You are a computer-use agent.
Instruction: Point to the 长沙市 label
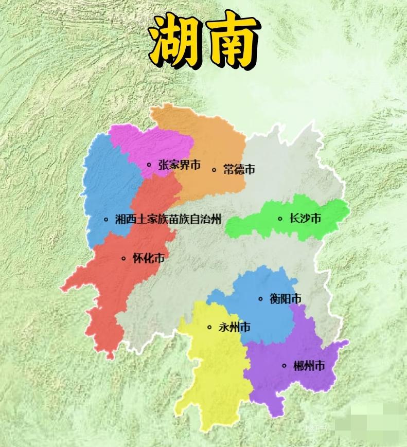(x=305, y=219)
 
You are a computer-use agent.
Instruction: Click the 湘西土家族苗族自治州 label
(x=168, y=220)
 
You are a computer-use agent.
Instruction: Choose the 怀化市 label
(x=148, y=258)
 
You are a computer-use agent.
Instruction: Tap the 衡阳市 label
(x=286, y=299)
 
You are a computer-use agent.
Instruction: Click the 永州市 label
(x=235, y=327)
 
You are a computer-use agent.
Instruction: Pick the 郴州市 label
(x=309, y=366)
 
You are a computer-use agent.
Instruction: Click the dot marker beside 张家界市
(x=149, y=165)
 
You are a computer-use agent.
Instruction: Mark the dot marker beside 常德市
(x=214, y=169)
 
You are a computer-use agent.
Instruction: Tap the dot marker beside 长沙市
(x=280, y=219)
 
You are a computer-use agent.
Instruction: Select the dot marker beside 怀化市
(x=123, y=258)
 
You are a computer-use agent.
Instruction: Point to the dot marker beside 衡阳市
(x=260, y=299)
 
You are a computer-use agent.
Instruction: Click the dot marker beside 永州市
(x=209, y=327)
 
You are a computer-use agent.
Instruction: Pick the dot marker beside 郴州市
(x=284, y=366)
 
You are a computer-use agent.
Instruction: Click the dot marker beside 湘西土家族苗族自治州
(x=106, y=220)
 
